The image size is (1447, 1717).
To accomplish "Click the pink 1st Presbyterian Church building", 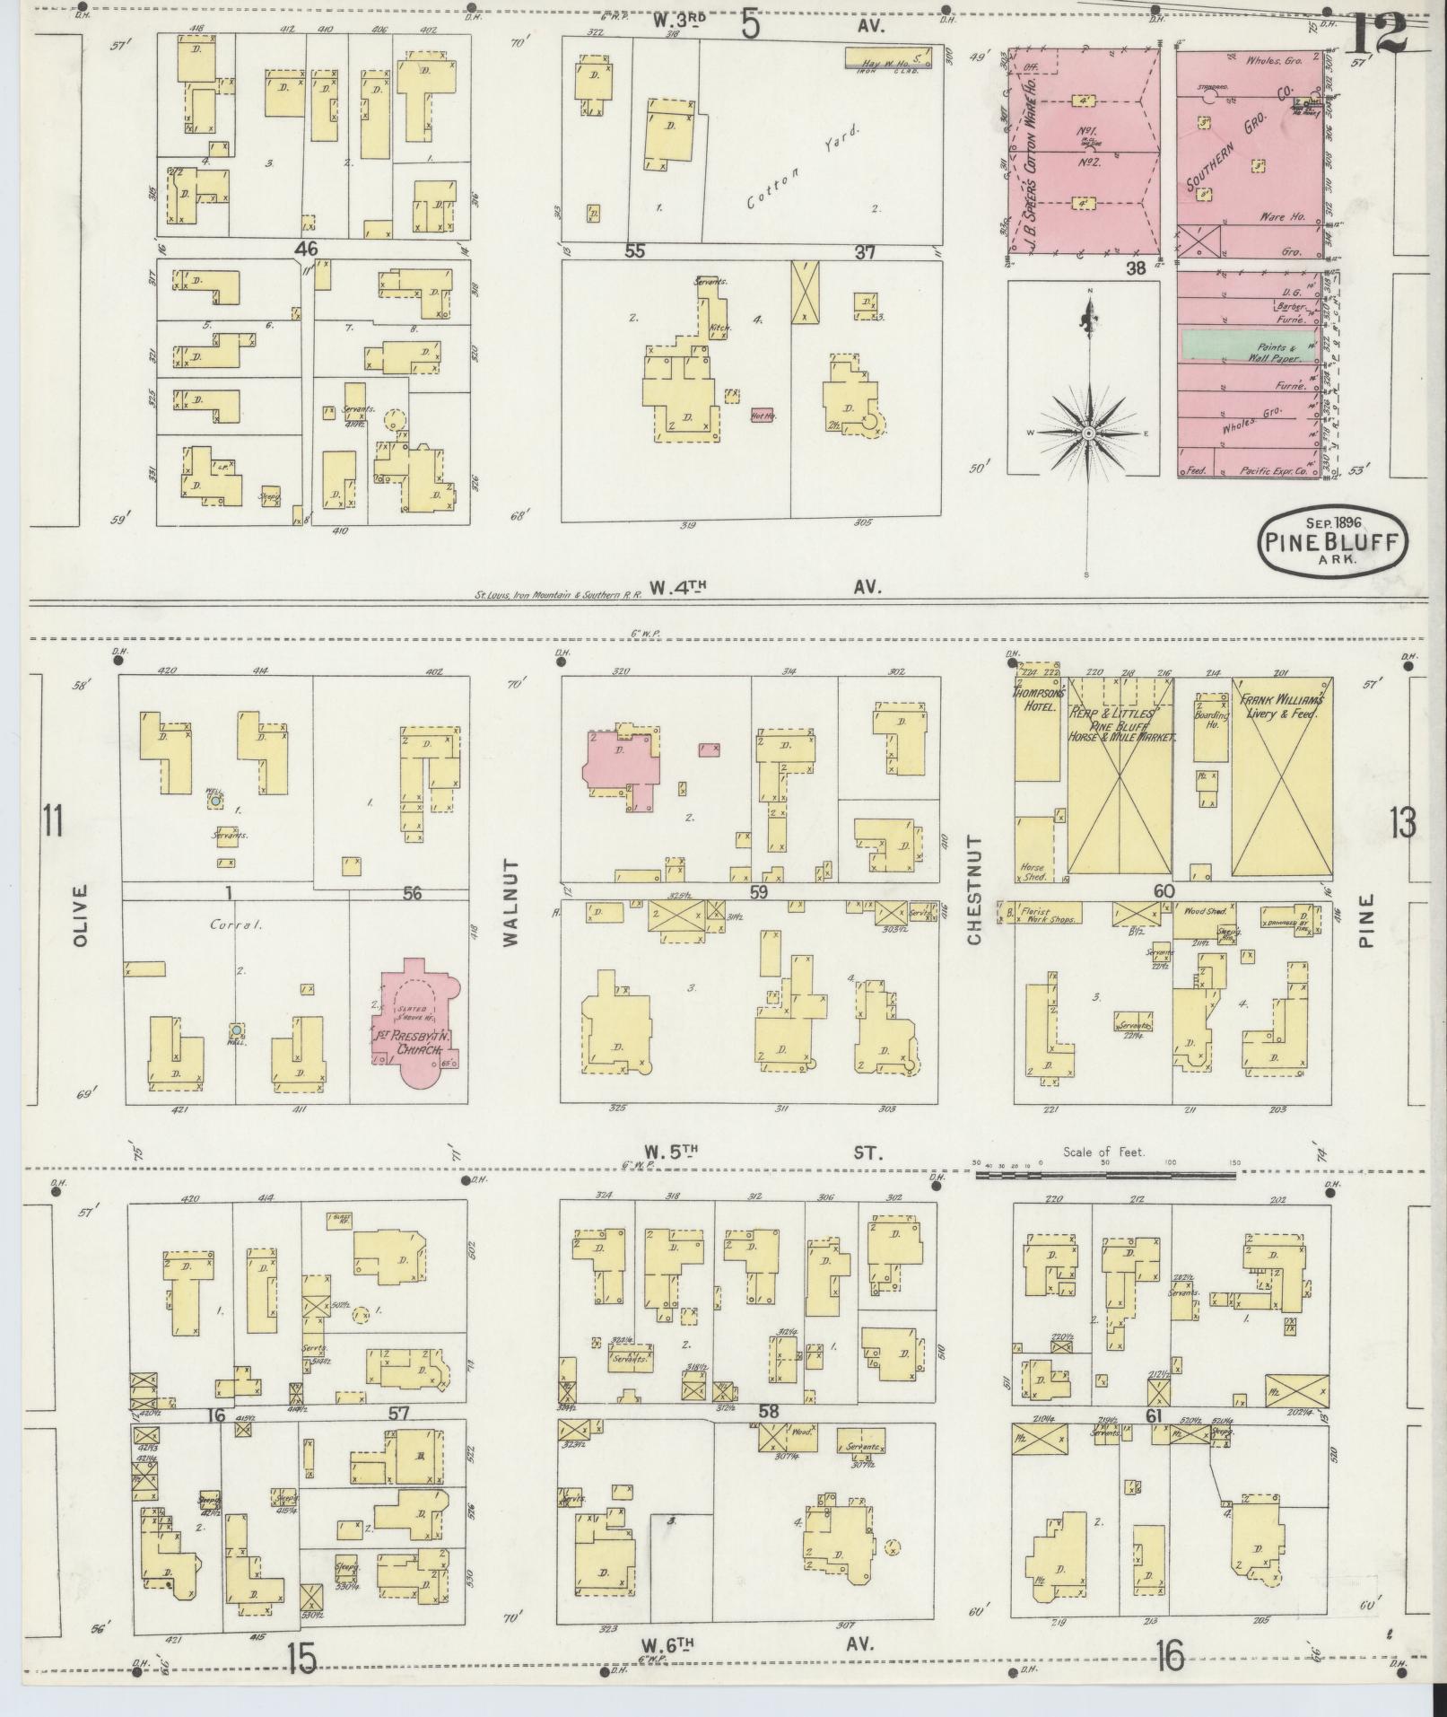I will [x=414, y=1023].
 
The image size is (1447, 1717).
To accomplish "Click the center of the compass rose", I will [x=1087, y=434].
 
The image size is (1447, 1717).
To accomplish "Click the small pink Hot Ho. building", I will [x=763, y=416].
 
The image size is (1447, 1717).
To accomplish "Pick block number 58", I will [x=768, y=1411].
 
